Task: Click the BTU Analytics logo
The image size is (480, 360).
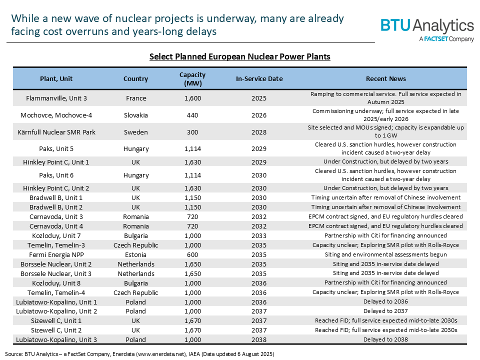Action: point(427,28)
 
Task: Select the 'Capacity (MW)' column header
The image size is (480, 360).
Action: point(192,79)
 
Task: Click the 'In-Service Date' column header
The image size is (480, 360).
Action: point(259,79)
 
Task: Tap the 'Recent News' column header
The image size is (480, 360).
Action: point(385,79)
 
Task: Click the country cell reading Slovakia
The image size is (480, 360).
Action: point(136,115)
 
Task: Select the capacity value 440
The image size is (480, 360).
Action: point(192,115)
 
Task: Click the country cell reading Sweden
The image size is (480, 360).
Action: point(136,132)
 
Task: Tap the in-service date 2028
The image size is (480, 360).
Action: point(259,132)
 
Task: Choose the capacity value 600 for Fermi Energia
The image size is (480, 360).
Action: point(192,254)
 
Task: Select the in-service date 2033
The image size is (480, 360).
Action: point(259,235)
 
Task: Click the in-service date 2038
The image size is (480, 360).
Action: point(259,339)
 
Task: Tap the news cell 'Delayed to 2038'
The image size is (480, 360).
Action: point(385,339)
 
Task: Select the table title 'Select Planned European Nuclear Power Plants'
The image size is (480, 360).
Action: point(239,57)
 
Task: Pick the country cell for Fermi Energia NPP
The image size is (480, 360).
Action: point(136,254)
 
